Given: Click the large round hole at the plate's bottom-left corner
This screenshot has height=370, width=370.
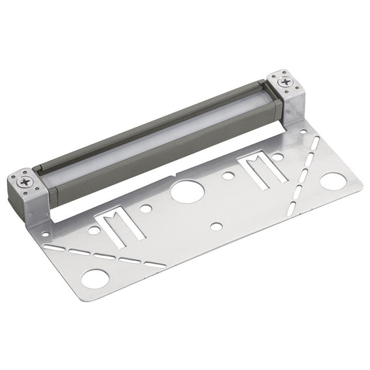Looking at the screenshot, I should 97,278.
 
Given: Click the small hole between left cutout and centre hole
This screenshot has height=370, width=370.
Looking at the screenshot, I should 146,208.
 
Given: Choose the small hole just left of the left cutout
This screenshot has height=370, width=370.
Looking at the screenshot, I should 94,230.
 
